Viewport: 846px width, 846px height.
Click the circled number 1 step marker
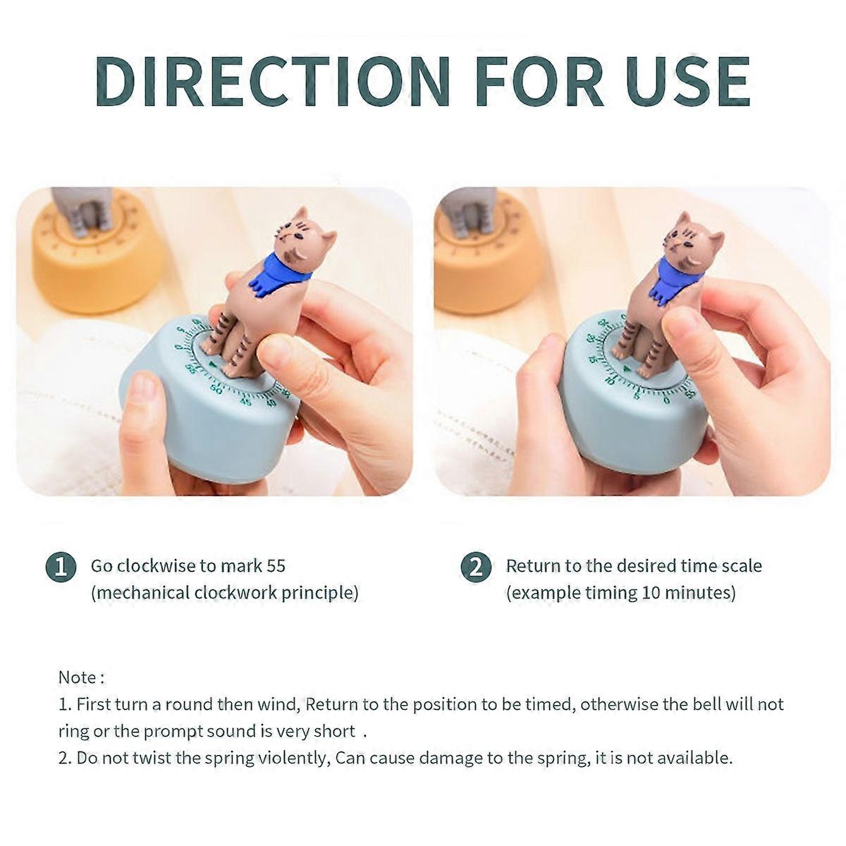pos(61,567)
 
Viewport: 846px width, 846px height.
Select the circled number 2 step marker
pos(476,567)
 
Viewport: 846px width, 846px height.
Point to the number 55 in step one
pos(276,566)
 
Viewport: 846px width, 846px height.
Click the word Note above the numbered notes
pos(77,678)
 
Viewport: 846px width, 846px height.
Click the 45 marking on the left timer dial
pos(246,401)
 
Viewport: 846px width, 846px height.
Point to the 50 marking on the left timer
pos(216,389)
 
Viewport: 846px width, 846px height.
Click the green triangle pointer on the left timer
pos(214,364)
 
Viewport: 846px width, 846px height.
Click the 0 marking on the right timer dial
pos(667,400)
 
